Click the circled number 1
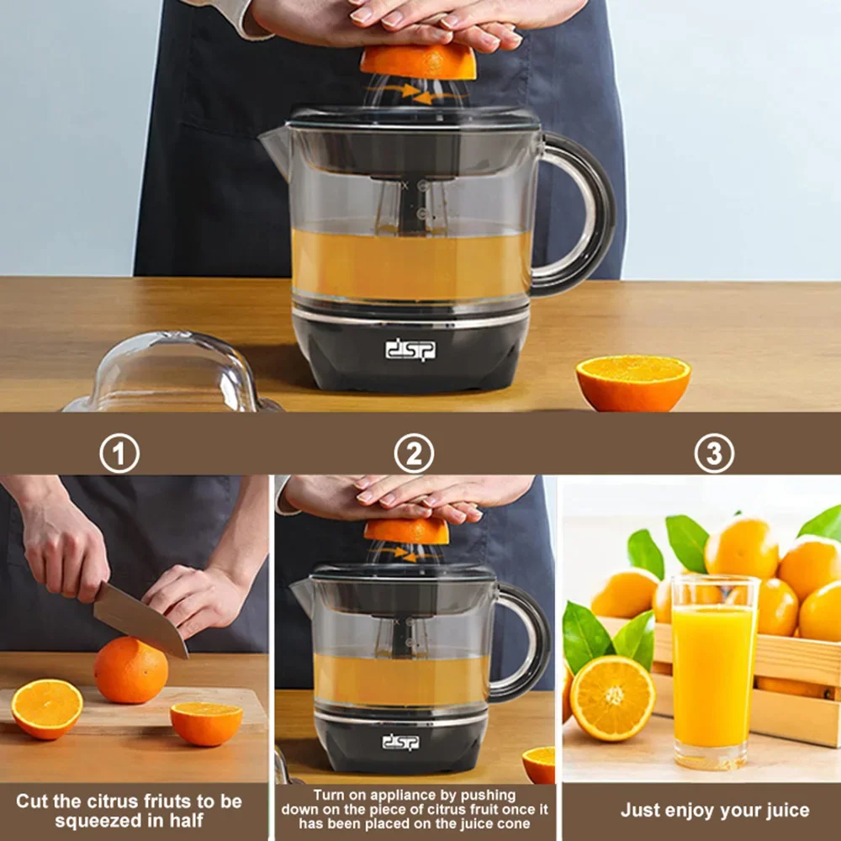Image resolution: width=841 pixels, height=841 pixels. [119, 455]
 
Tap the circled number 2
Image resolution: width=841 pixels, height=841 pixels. [414, 455]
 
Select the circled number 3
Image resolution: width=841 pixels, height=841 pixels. [713, 455]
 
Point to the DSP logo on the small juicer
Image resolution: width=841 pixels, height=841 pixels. [400, 742]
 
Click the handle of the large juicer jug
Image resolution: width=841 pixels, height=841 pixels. [589, 214]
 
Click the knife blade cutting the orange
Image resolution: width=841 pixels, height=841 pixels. [139, 619]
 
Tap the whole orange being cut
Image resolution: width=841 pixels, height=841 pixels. [130, 670]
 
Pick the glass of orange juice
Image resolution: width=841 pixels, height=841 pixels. [714, 672]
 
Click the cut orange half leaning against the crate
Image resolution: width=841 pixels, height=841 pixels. [612, 697]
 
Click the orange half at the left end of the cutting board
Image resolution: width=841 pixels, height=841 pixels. [47, 708]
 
